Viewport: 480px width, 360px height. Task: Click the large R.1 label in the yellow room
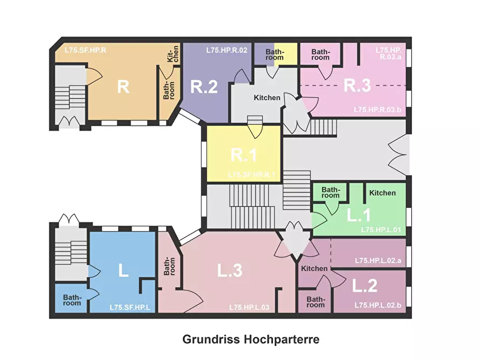tap(243, 155)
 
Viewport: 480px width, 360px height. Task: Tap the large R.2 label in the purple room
tap(204, 87)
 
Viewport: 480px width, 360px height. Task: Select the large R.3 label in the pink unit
tap(357, 85)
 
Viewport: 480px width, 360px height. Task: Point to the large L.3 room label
tap(230, 270)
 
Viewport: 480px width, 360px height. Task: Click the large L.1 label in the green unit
tap(359, 215)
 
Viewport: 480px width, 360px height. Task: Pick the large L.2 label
tap(364, 285)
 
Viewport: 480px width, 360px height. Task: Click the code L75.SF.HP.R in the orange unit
tap(85, 50)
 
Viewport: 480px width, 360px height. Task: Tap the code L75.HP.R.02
tap(226, 50)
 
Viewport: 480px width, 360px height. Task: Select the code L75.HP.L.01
tap(381, 229)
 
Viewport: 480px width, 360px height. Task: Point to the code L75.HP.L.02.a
tap(378, 261)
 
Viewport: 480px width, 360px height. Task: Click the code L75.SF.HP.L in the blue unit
tap(130, 307)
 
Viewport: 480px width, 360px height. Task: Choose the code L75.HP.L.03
tap(249, 307)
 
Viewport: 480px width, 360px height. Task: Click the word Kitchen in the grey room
tap(267, 98)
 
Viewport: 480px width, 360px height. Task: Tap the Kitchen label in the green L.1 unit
tap(382, 193)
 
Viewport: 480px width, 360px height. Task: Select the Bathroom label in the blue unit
tap(72, 300)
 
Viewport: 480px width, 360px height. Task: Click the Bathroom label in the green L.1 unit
tap(331, 192)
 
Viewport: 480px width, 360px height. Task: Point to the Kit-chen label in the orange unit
tap(173, 54)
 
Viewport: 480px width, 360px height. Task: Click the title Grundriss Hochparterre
tap(251, 339)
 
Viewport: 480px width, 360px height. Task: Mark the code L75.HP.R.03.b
tap(377, 110)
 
